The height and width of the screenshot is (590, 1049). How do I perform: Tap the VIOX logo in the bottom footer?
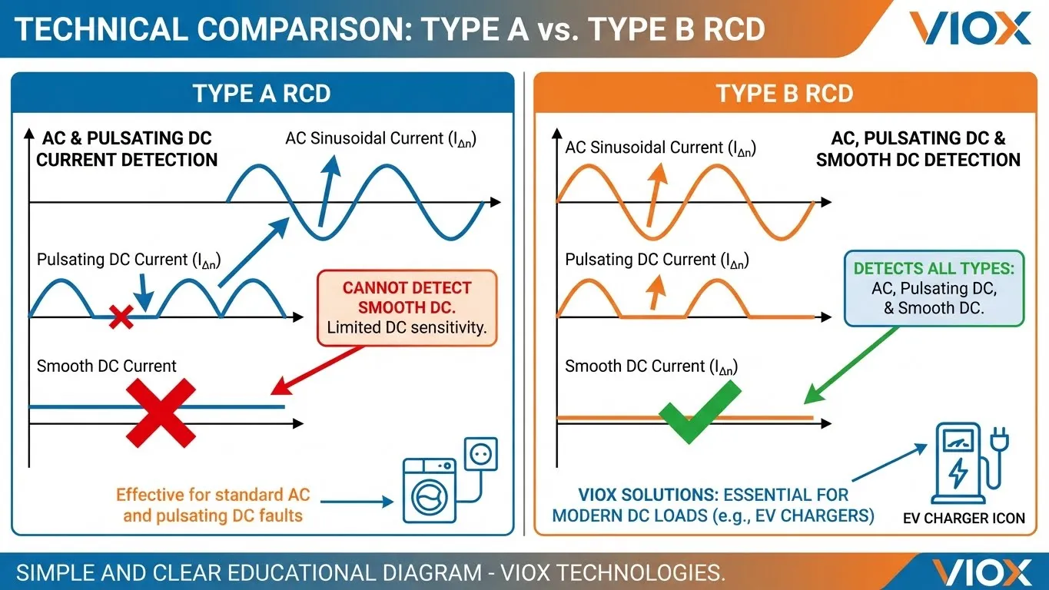[981, 572]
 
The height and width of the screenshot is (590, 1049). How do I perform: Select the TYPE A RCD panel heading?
[261, 93]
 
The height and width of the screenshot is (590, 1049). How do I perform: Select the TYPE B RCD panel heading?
[785, 93]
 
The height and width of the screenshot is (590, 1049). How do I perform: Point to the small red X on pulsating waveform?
[121, 317]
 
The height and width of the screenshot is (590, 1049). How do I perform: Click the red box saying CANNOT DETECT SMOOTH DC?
[407, 307]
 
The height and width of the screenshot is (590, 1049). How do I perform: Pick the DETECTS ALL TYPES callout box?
[934, 288]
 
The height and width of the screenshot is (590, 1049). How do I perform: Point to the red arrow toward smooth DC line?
[315, 370]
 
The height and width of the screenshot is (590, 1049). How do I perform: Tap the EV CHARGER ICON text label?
[964, 518]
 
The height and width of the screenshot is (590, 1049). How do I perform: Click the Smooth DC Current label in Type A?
[107, 366]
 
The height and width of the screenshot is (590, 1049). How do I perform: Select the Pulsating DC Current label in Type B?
[656, 260]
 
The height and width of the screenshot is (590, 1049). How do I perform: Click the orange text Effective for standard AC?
[213, 505]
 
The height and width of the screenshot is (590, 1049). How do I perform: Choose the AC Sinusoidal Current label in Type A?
[381, 139]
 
